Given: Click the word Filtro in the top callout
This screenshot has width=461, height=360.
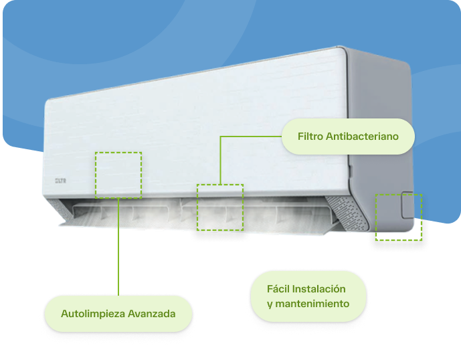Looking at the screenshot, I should [x=311, y=137].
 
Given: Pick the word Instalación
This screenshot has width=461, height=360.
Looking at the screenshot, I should [x=320, y=289].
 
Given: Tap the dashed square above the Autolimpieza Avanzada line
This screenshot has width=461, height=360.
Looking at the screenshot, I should [x=118, y=175].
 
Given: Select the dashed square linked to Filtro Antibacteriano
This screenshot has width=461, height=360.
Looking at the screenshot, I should [x=219, y=207].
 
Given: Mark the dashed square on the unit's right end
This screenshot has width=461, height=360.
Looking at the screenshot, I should [x=398, y=217].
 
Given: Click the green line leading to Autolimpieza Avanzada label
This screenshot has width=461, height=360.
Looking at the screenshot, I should [x=118, y=248].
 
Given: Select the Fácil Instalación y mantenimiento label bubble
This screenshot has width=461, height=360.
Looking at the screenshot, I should [x=307, y=296].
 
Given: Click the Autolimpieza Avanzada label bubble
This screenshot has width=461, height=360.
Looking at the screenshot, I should [x=118, y=314].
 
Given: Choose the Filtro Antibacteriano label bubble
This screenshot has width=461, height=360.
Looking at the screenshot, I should [x=348, y=137].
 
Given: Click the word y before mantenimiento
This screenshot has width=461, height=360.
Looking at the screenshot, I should [x=270, y=304].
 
